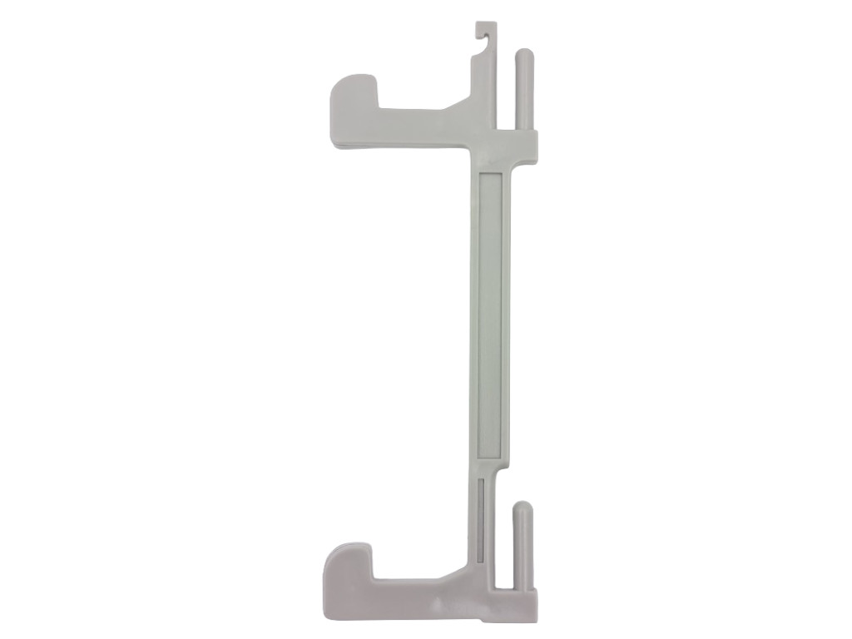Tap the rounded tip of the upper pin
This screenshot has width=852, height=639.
(x=525, y=55)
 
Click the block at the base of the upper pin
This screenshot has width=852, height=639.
(x=525, y=145)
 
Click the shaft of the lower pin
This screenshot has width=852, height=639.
(x=523, y=549)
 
